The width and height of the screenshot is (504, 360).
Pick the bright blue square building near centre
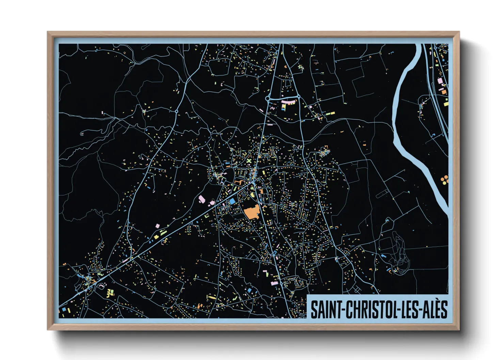(x=232, y=201)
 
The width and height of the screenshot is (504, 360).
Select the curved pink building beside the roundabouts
(x=288, y=100)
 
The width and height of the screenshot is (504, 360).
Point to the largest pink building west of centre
(x=202, y=199)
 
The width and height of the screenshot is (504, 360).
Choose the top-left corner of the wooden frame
(x=48, y=33)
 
